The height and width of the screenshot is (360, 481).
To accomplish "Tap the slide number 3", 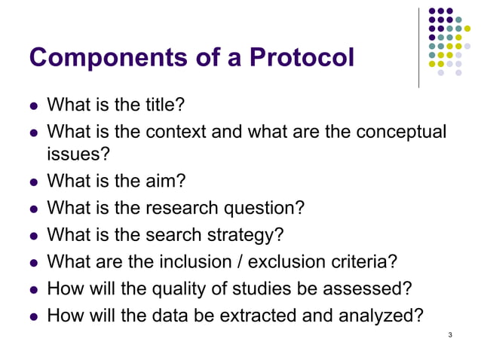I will point(449,334).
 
